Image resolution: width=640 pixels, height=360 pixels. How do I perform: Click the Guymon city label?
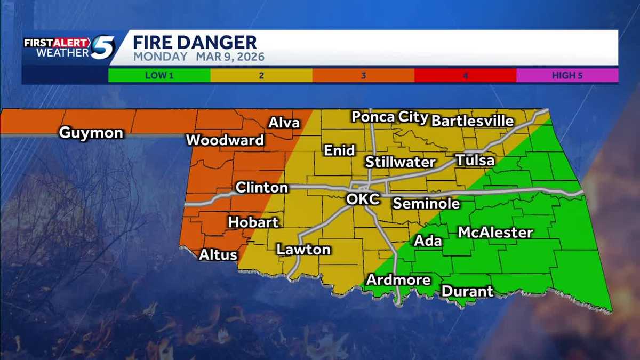coord(91,133)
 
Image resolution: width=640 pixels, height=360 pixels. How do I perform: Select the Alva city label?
coord(283,122)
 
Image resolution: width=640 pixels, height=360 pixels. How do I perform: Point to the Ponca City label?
coord(390,117)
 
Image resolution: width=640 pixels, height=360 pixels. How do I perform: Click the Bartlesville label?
coord(472,121)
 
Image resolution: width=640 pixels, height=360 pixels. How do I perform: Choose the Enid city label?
coord(339,150)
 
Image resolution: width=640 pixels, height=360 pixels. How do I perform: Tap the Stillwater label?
coord(401,162)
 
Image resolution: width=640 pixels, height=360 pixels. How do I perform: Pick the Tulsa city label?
coord(475,160)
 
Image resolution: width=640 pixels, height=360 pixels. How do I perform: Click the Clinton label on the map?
coord(261,188)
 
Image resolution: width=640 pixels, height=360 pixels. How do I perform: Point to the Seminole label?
coord(426,203)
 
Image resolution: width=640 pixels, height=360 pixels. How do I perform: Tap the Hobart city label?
coord(253,222)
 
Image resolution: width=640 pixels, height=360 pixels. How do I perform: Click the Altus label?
coord(218,255)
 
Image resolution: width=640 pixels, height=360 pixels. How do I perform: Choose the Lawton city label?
coord(303,249)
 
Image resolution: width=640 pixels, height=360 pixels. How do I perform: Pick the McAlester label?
coord(495,233)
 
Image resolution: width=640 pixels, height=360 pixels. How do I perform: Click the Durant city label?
coord(467,292)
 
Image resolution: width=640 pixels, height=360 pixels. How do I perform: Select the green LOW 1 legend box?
coord(159,75)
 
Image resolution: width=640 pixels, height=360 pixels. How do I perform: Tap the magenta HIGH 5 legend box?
coord(567,75)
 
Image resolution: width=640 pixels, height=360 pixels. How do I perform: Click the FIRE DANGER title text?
coord(195,42)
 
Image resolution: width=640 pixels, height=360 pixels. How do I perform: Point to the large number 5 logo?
coord(102,48)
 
